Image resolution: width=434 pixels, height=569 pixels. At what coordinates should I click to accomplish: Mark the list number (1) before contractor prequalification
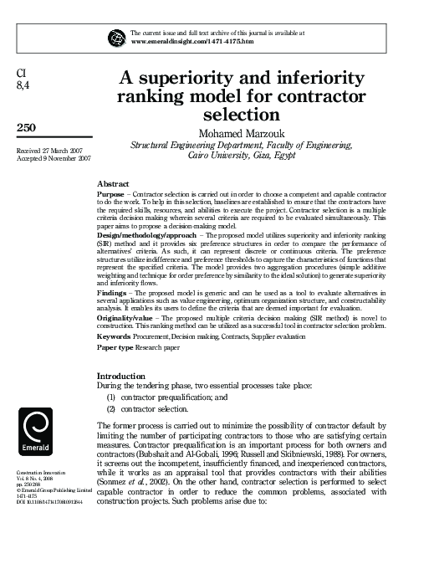click(110, 397)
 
